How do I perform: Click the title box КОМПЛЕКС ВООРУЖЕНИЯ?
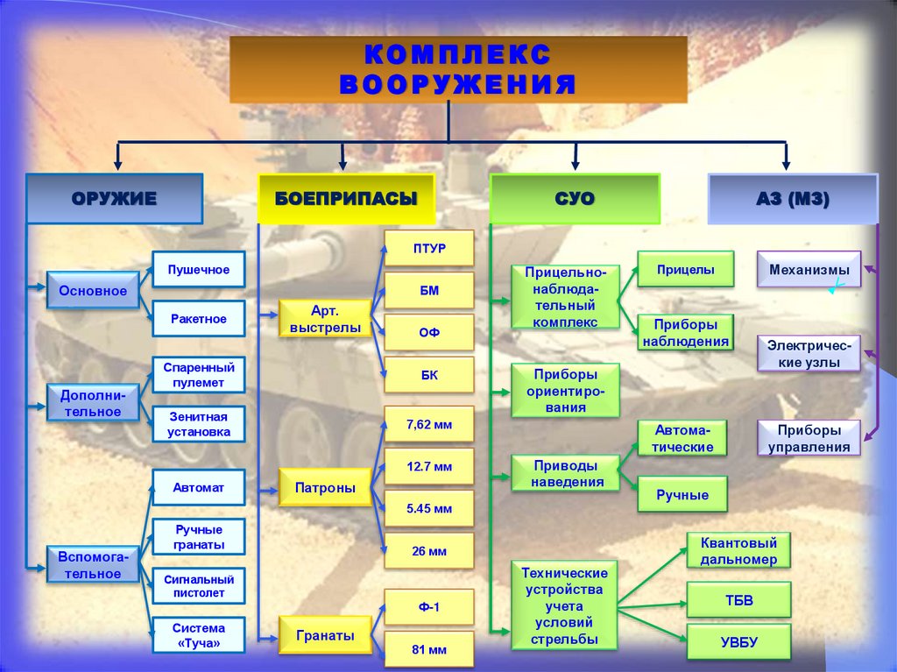point(458,70)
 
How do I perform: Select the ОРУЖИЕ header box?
point(114,199)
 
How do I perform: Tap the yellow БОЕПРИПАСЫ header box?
point(345,199)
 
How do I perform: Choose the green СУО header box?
point(574,199)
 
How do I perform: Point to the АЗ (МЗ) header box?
point(792,199)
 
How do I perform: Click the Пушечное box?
point(199,270)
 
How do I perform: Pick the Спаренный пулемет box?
point(199,375)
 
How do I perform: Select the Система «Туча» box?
point(199,635)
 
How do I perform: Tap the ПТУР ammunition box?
point(429,249)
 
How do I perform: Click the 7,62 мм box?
point(429,424)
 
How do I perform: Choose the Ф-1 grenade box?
point(429,607)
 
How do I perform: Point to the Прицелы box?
point(684,270)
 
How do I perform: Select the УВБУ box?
point(738,642)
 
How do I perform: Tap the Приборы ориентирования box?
point(565,390)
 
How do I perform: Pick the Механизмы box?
point(809,270)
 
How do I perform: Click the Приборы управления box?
point(809,438)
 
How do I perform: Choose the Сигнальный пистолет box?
point(199,586)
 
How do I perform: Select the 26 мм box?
point(429,551)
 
